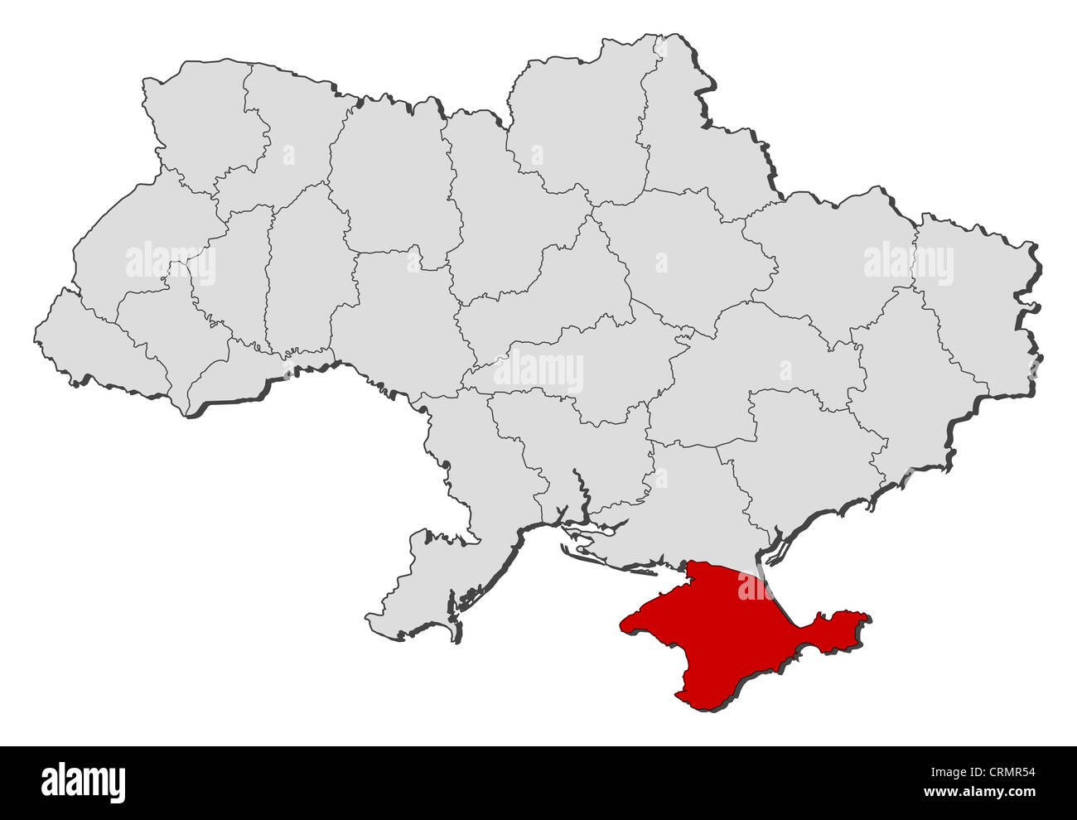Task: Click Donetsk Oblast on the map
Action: [903, 389]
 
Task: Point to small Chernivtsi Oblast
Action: [240, 364]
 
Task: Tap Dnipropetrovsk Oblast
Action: [746, 364]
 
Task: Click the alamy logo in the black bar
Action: [83, 781]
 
